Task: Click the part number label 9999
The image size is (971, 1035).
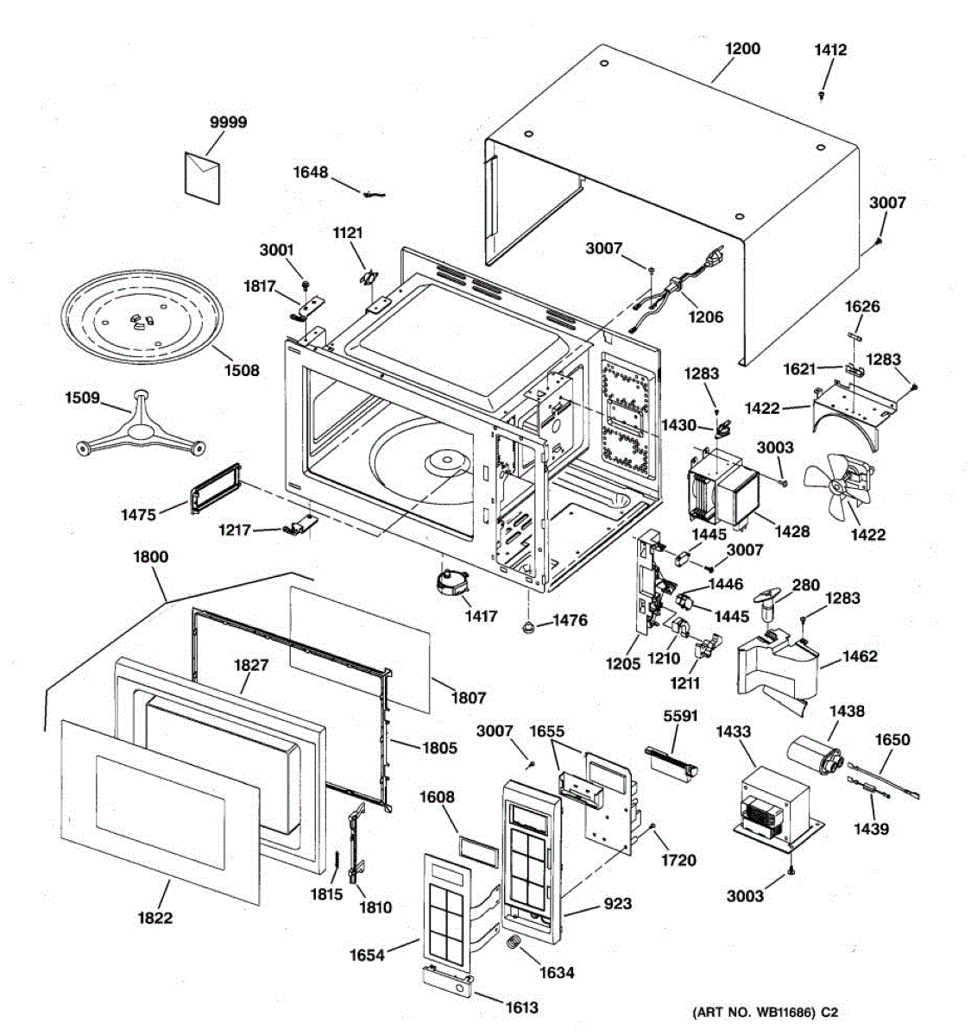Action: (228, 122)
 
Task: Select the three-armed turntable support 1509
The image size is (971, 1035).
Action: (141, 423)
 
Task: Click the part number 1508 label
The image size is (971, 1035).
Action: (242, 371)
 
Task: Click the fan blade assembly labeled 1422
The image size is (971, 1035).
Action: (838, 486)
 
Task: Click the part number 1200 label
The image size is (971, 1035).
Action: (743, 49)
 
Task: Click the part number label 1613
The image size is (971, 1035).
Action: (522, 1007)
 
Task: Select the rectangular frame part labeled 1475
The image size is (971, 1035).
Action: (216, 488)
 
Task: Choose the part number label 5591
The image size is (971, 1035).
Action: (680, 716)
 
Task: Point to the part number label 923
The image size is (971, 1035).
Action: (618, 903)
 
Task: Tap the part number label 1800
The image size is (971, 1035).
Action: (151, 556)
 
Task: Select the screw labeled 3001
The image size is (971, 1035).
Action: (306, 285)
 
